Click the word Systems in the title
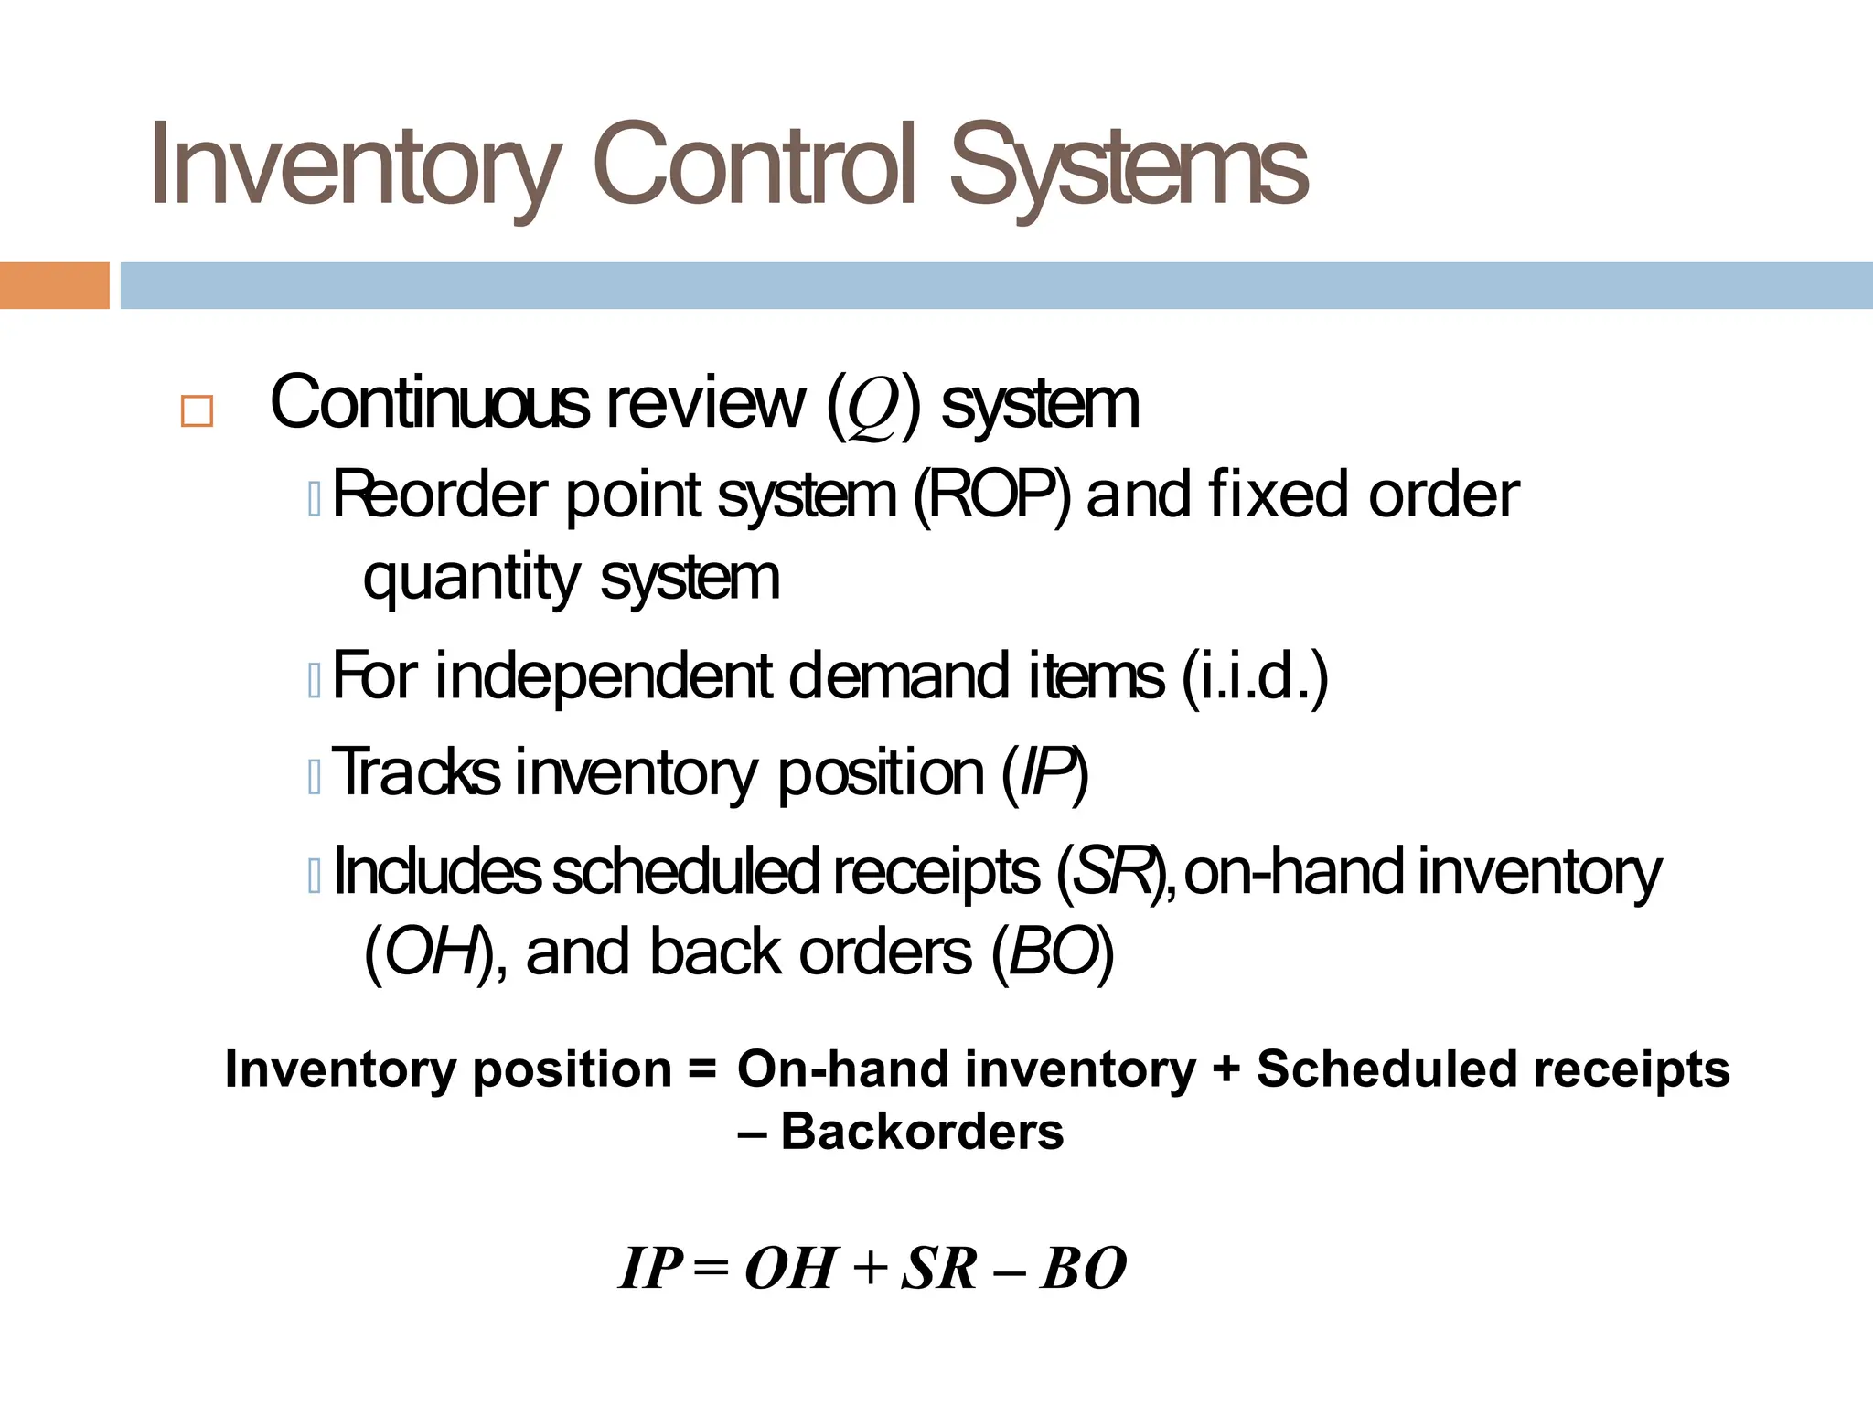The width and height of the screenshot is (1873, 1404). click(x=1129, y=166)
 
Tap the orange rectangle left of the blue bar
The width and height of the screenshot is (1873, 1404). click(x=54, y=285)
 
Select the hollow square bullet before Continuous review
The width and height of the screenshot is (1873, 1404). click(x=197, y=411)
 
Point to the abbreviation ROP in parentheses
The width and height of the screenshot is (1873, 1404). click(x=991, y=495)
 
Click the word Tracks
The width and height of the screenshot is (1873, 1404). click(x=416, y=772)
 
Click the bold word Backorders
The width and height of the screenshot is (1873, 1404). click(x=922, y=1132)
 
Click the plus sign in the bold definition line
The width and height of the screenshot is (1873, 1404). click(x=1225, y=1069)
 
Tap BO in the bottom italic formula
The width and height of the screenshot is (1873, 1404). click(x=1083, y=1269)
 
